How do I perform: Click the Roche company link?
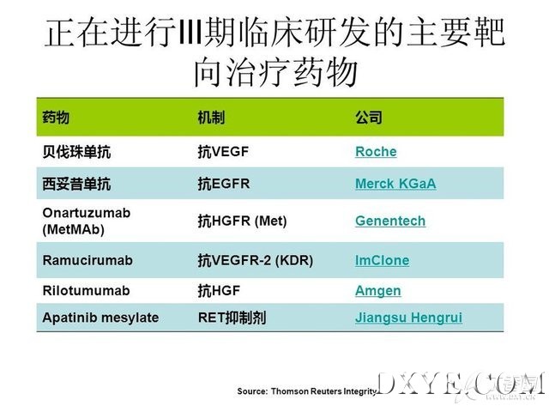click(376, 152)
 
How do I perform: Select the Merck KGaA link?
click(395, 184)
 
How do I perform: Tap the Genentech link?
click(390, 221)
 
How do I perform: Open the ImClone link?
click(382, 260)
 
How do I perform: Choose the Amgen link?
click(378, 291)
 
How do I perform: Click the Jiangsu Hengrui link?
click(408, 318)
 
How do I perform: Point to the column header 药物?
click(56, 117)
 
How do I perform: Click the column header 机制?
click(211, 117)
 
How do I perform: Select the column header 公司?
click(369, 117)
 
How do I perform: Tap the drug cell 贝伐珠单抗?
click(76, 152)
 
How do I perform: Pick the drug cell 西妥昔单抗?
click(76, 184)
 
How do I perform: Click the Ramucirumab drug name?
click(87, 260)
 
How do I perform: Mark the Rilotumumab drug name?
click(86, 291)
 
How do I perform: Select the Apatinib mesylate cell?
click(100, 318)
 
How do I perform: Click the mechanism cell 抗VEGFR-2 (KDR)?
click(256, 260)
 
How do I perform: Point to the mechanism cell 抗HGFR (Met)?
click(242, 221)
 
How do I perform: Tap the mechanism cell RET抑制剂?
click(232, 318)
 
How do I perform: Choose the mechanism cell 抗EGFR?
click(224, 184)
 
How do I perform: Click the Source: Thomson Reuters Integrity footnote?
click(307, 391)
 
